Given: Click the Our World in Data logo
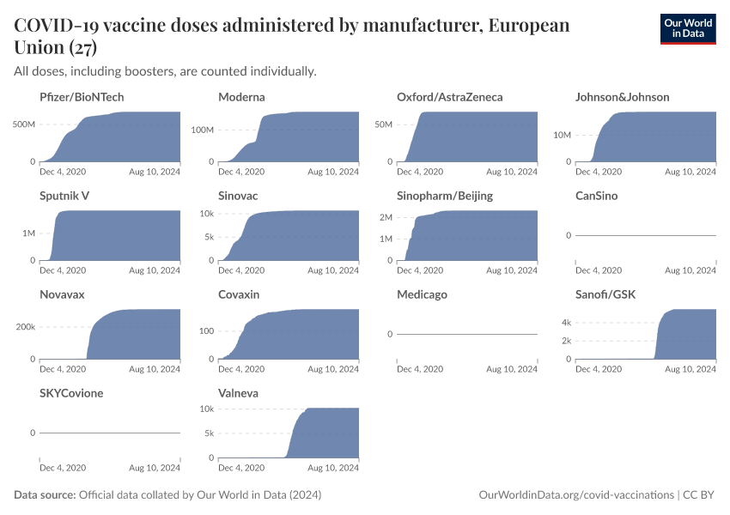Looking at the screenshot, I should [687, 28].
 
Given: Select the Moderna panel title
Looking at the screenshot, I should [241, 97].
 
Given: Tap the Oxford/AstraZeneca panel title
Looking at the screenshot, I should [449, 97].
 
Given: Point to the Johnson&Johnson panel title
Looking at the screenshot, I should [622, 97].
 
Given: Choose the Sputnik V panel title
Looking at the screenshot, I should [64, 196].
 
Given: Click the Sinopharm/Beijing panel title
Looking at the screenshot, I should [444, 196].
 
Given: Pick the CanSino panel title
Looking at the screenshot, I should [596, 196].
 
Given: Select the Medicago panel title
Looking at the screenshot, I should [423, 294].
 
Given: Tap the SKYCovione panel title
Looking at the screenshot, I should [71, 393].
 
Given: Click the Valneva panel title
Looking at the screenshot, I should [238, 393].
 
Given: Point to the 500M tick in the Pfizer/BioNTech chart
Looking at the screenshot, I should [23, 124].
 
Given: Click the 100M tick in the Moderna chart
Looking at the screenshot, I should [202, 130].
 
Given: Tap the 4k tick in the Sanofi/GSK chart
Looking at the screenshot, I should [567, 323].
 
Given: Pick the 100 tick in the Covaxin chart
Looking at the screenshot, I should [205, 330].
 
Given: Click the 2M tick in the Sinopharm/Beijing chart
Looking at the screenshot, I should [386, 218].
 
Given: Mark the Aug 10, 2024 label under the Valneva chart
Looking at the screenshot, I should [333, 468].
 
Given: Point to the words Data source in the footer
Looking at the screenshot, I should [45, 495].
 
